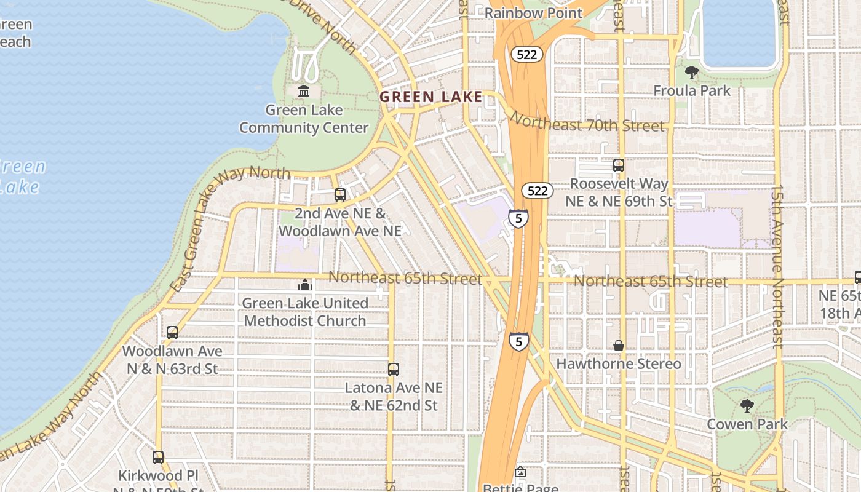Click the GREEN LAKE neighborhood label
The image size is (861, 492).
[430, 97]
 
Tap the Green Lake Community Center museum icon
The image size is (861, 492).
[304, 92]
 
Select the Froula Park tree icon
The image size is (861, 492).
[692, 73]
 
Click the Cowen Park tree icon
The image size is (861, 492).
[747, 406]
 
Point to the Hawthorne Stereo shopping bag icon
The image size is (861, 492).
[619, 346]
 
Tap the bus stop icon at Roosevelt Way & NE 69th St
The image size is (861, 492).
[619, 165]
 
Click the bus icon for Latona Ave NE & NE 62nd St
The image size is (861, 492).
[394, 370]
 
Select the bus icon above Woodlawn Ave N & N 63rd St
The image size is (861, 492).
[172, 333]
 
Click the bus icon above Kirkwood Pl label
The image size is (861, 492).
[158, 458]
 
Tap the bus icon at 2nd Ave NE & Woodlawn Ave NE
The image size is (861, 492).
[340, 195]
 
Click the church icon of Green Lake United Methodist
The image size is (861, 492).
[305, 285]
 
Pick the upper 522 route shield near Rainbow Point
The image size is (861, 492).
[526, 54]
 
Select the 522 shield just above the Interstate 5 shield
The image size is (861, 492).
[537, 191]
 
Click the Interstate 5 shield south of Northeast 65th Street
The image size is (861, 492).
[518, 341]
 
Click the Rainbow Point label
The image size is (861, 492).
[533, 12]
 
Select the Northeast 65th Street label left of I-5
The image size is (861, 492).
[405, 277]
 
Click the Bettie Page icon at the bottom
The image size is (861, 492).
[520, 472]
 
